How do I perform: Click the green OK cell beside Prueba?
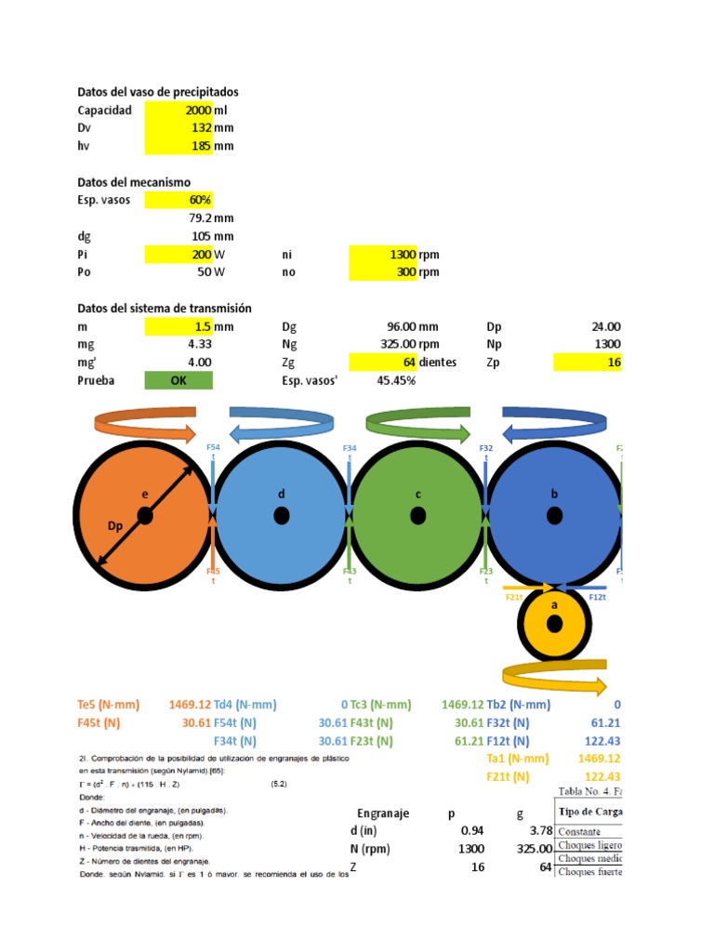pyautogui.click(x=178, y=380)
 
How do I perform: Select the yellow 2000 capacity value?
pyautogui.click(x=179, y=111)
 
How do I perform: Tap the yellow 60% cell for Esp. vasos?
pyautogui.click(x=179, y=200)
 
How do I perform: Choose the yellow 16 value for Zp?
pyautogui.click(x=587, y=363)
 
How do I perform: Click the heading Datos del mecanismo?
pyautogui.click(x=134, y=182)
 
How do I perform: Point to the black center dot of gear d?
pyautogui.click(x=282, y=515)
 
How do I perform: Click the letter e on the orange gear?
pyautogui.click(x=145, y=494)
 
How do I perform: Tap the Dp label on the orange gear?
pyautogui.click(x=115, y=526)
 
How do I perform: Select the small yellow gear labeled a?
pyautogui.click(x=554, y=624)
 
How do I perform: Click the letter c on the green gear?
pyautogui.click(x=418, y=494)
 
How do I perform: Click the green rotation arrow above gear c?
pyautogui.click(x=418, y=426)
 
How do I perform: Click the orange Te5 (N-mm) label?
pyautogui.click(x=110, y=705)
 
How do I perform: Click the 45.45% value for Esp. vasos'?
pyautogui.click(x=396, y=380)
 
